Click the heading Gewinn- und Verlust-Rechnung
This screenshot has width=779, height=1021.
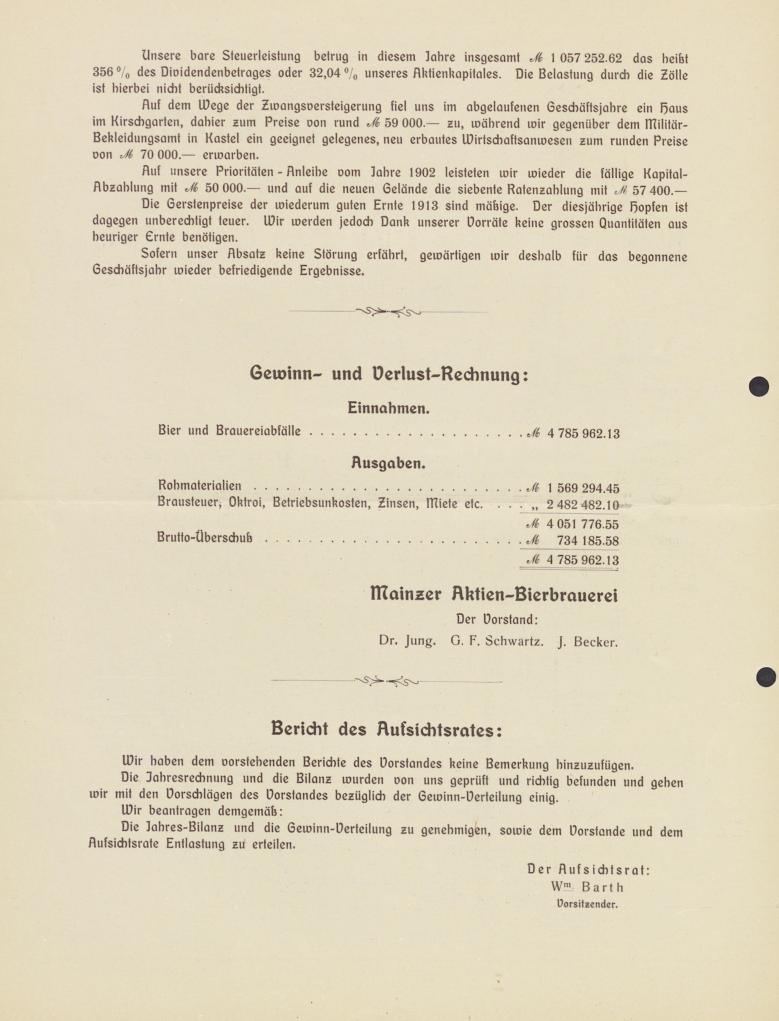389,374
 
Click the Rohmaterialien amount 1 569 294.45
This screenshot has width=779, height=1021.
583,488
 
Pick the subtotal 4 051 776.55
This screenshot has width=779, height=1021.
583,525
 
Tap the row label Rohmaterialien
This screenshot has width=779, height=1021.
200,486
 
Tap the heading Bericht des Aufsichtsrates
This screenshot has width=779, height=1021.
386,730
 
